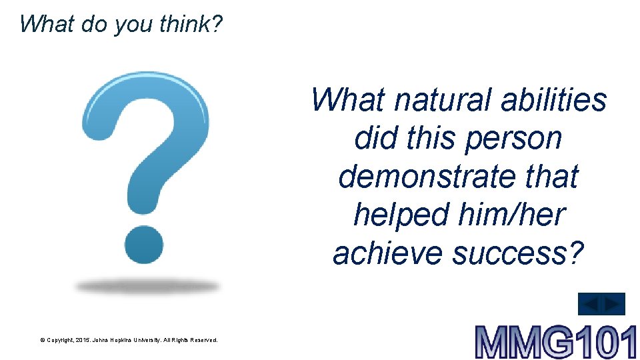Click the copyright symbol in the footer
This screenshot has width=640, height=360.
42,340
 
